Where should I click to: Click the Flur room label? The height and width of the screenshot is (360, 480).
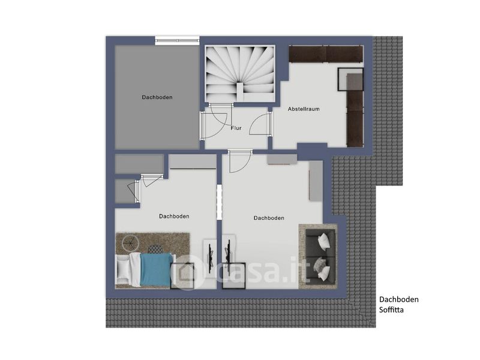(x=236, y=128)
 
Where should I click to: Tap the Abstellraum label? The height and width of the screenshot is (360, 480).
(x=304, y=109)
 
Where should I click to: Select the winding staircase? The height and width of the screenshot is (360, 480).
(x=240, y=74)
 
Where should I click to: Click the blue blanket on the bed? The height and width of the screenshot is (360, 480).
(x=156, y=269)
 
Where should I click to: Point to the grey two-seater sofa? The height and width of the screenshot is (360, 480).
(x=320, y=256)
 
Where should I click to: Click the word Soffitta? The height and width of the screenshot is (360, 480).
(x=391, y=310)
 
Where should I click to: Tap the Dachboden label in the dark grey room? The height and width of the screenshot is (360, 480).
(x=157, y=97)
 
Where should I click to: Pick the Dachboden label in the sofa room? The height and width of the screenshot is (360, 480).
(x=269, y=218)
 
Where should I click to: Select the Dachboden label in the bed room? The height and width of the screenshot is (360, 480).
(x=174, y=216)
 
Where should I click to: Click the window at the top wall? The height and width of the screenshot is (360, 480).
(x=177, y=40)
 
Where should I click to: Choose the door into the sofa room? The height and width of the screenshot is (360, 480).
(x=240, y=161)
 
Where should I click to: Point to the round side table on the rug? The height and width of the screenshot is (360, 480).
(x=131, y=243)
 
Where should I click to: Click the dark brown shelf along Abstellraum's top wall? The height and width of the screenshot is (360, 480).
(x=326, y=54)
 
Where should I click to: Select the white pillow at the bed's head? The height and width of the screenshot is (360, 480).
(x=123, y=269)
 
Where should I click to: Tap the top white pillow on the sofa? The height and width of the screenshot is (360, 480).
(x=324, y=241)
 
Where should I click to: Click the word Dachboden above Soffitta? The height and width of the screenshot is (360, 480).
(x=398, y=299)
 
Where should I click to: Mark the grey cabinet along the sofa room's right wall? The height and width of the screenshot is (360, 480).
(x=316, y=181)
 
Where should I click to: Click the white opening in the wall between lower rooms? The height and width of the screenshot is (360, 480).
(x=219, y=202)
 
